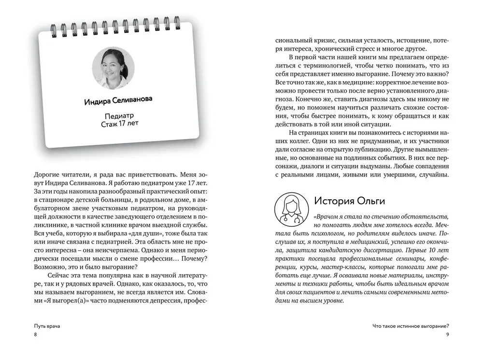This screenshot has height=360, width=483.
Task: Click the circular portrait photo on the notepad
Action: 113,68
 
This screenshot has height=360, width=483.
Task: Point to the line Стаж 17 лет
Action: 119,126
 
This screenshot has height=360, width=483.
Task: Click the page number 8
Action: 35,335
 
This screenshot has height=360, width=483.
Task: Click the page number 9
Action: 447,335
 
